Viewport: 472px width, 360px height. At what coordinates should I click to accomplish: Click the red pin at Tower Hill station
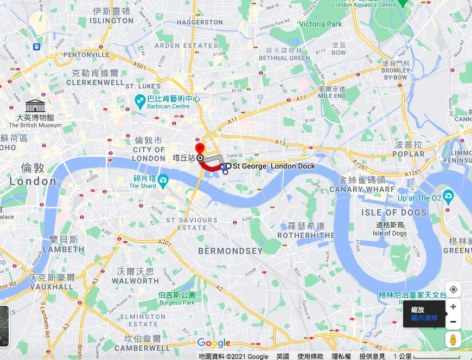coord(200,149)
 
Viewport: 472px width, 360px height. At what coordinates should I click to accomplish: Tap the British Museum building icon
coord(35,105)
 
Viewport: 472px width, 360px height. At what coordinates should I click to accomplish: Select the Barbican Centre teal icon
coord(139,100)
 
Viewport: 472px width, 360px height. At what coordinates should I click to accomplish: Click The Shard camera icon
coord(163,180)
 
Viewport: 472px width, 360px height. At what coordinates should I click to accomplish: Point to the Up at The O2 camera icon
coord(448,195)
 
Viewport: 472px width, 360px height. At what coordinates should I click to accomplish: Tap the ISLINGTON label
coord(112,21)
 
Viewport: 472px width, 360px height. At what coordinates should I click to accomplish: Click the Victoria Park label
coord(321,24)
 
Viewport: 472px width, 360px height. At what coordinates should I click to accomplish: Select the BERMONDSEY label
coord(230,251)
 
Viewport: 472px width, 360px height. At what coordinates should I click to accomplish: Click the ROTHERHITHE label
coord(306,235)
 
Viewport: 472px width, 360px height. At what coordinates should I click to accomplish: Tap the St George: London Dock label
coord(273,166)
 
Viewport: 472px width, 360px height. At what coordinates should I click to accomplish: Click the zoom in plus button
coord(453,307)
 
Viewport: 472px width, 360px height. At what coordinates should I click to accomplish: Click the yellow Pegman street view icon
coord(453,339)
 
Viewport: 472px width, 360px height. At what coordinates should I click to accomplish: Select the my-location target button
coord(453,290)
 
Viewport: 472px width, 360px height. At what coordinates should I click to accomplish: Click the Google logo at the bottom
coord(214,343)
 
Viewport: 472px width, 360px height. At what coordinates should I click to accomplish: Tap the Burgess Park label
coord(176,303)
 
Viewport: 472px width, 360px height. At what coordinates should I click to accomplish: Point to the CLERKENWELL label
coord(95,82)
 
